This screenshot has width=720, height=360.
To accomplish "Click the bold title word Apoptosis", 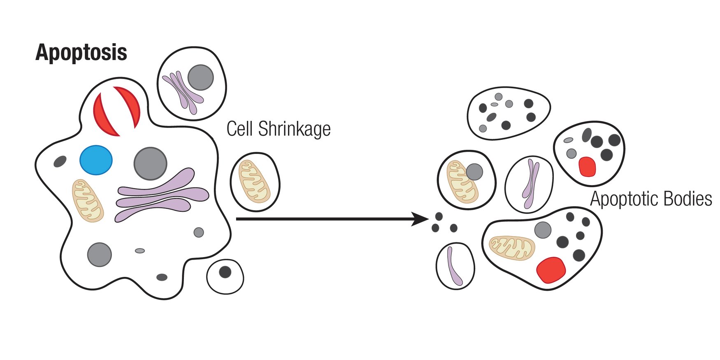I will pyautogui.click(x=81, y=53).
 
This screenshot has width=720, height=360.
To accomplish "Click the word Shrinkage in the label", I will pyautogui.click(x=294, y=129).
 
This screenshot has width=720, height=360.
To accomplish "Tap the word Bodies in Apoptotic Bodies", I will pyautogui.click(x=687, y=199).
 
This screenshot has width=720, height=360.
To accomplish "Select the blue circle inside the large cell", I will pyautogui.click(x=96, y=160).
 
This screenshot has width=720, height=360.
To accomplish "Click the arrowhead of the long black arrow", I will pyautogui.click(x=422, y=219).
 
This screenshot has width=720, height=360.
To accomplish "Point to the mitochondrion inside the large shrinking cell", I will pyautogui.click(x=88, y=200).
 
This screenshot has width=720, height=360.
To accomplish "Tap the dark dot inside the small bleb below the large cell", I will pyautogui.click(x=225, y=272).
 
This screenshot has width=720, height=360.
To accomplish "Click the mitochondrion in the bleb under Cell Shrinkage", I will pyautogui.click(x=255, y=181).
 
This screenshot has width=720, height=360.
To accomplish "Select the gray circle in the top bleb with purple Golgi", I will pyautogui.click(x=201, y=77).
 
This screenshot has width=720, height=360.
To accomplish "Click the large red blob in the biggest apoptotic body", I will pyautogui.click(x=551, y=270).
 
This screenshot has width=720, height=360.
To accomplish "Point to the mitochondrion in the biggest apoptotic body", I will pyautogui.click(x=512, y=248).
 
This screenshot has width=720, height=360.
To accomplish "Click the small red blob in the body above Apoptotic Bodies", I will pyautogui.click(x=587, y=167).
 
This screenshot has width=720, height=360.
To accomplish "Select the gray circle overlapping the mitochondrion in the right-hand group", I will pyautogui.click(x=474, y=172).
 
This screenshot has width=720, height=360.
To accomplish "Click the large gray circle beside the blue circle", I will pyautogui.click(x=151, y=163).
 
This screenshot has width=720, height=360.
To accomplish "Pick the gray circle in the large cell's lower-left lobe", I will pyautogui.click(x=100, y=255).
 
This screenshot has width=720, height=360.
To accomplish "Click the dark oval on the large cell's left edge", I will pyautogui.click(x=60, y=161).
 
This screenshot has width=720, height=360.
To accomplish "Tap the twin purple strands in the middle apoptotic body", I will pyautogui.click(x=530, y=183).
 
